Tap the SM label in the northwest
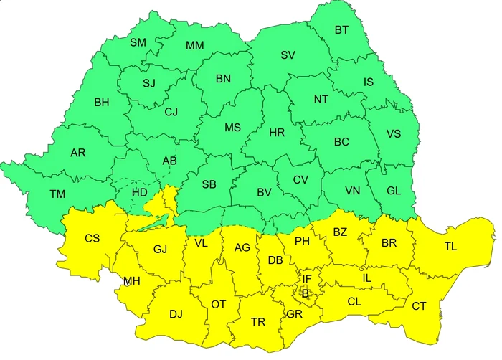click(138, 43)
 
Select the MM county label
click(194, 46)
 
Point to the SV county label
click(288, 55)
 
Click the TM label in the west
click(57, 194)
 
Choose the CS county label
click(93, 238)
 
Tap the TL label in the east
click(450, 247)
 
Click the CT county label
click(419, 306)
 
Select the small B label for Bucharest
click(305, 293)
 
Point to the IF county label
click(307, 279)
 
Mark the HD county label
click(141, 192)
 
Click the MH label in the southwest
click(131, 280)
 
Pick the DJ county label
click(176, 313)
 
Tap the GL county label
click(394, 191)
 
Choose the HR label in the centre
click(277, 133)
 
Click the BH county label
click(101, 103)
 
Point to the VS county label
click(394, 134)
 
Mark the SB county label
click(209, 184)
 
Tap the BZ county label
click(340, 232)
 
